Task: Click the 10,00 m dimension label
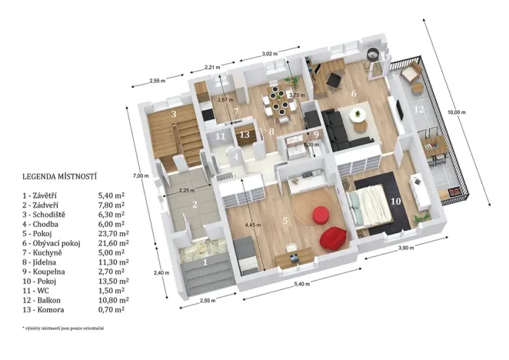(456, 112)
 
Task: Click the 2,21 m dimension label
(211, 68)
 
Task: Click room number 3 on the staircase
(175, 115)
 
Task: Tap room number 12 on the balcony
(418, 110)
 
